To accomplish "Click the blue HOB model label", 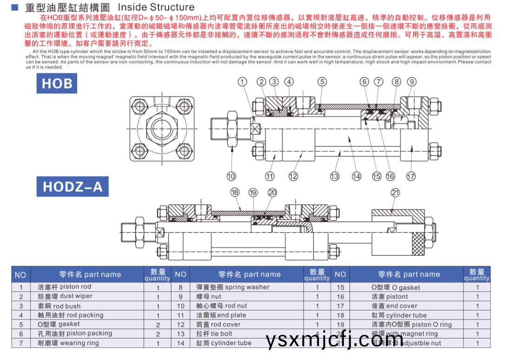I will coord(57,84).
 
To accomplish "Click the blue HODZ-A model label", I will coord(72,186).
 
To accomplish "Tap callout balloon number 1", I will coord(242,82).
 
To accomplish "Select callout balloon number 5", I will coord(322,82).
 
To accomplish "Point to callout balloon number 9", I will coord(412,82).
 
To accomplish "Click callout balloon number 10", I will coord(231,176).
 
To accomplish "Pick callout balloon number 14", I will coord(356,176).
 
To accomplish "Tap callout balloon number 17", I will coord(411,176).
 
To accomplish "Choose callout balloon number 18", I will coord(235,192).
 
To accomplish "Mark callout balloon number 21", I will coord(395,192).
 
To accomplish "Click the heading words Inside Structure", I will coord(156,7).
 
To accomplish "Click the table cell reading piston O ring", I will coord(412,324).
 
